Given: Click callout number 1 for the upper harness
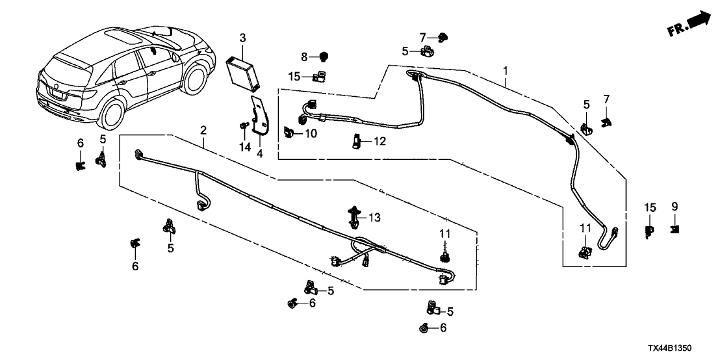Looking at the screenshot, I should click(506, 70).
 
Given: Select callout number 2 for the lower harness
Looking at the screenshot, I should click(203, 131).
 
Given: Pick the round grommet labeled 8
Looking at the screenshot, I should click(323, 57).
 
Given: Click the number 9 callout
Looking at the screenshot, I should click(675, 207).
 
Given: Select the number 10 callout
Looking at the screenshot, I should click(311, 134).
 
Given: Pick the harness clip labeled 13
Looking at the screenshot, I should click(355, 216).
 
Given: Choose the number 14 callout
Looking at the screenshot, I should click(244, 148).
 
